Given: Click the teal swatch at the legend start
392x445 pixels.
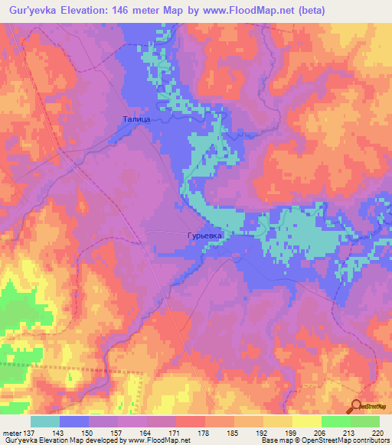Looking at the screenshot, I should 45,421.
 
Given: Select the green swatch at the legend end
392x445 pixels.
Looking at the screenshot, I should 365,421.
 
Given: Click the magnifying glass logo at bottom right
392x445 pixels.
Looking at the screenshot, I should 357,406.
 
